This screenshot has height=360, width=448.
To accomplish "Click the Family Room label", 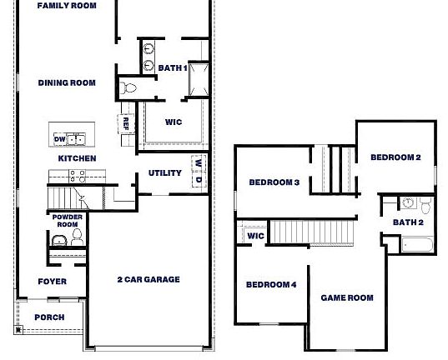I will [66, 6].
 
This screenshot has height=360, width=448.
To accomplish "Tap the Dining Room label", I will [66, 82].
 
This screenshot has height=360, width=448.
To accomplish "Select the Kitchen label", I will [77, 158].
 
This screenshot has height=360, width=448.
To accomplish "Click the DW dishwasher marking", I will [60, 139].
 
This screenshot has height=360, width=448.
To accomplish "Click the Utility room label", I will [165, 173].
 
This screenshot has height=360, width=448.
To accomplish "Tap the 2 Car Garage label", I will [148, 280].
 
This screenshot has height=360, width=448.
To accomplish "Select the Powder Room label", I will [67, 221].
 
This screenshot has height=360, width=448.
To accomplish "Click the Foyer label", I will [52, 282].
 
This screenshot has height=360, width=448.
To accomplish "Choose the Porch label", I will [48, 317].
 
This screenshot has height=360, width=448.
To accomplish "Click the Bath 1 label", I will [173, 68].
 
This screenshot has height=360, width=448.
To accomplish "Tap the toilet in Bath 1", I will [129, 87].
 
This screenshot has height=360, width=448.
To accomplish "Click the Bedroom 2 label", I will [395, 157].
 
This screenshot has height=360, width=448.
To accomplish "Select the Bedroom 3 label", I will [274, 182].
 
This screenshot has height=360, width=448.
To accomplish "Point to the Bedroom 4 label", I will [271, 285].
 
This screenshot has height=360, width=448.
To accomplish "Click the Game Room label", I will [347, 297].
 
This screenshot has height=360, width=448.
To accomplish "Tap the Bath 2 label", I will [409, 222].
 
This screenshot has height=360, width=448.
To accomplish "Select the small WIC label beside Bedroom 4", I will [255, 237].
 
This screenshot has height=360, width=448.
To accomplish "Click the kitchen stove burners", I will [78, 176].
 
